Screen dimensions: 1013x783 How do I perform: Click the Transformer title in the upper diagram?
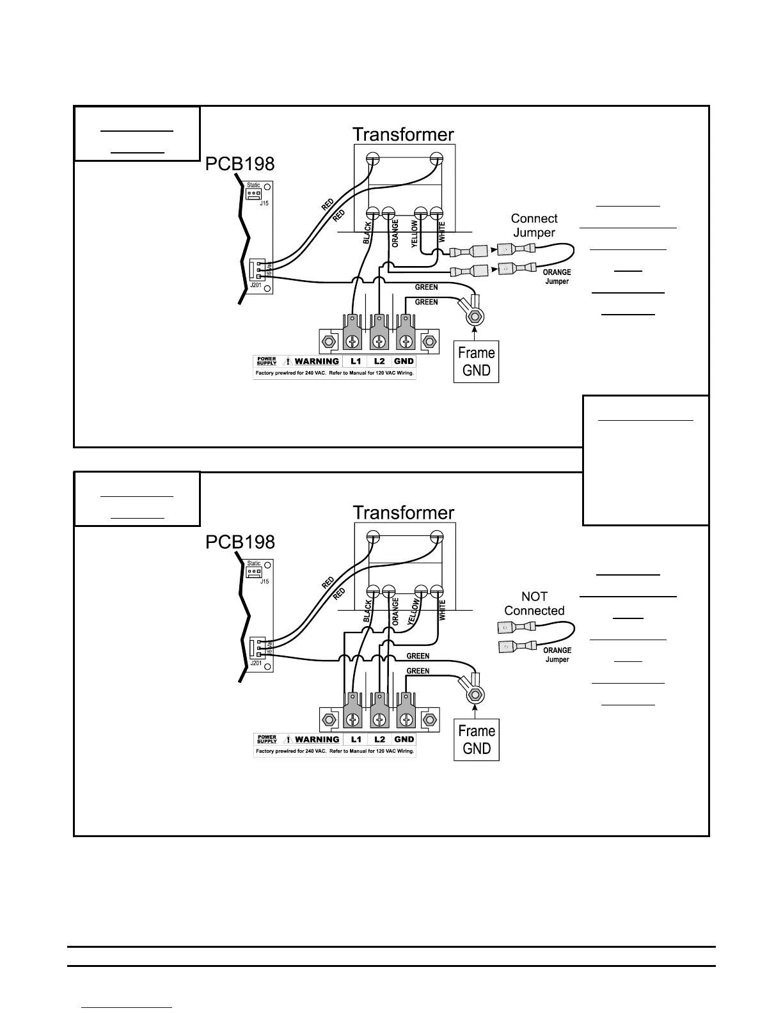(403, 134)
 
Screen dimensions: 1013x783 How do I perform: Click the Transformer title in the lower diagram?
(403, 513)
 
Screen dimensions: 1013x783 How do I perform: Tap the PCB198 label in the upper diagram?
(240, 164)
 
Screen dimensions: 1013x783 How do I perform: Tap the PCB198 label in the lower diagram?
(240, 542)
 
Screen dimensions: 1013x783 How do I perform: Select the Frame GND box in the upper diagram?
(476, 361)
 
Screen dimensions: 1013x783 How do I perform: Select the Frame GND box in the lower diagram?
(476, 740)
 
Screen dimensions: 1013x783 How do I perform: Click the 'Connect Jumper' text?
(534, 226)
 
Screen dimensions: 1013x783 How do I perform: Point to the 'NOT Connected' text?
(534, 604)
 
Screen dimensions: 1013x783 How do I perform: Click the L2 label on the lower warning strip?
(379, 739)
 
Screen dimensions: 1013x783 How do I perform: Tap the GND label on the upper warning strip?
(404, 361)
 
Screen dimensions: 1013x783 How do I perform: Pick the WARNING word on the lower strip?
(317, 739)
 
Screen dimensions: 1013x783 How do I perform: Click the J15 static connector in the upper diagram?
(255, 193)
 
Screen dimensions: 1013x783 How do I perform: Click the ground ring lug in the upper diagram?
(475, 316)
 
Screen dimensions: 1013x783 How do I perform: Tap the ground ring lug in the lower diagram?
(475, 694)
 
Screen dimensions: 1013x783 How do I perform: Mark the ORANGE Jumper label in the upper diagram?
(557, 277)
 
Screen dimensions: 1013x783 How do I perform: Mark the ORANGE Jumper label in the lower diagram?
(557, 655)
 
